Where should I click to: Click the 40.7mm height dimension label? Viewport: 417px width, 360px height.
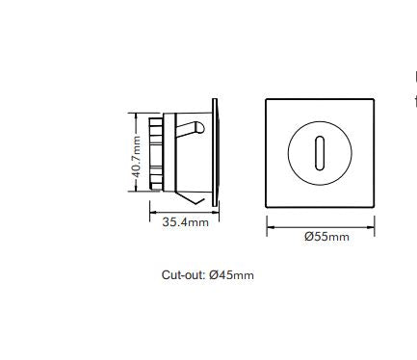point(137,157)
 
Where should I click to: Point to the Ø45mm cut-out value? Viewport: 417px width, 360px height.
point(232,275)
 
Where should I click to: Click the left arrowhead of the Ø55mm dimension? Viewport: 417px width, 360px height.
point(270,226)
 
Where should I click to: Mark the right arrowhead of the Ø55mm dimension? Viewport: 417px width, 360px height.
point(372,226)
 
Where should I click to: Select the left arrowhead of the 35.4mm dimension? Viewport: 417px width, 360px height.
point(150,212)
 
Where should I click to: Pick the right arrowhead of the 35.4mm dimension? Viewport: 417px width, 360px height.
point(218,212)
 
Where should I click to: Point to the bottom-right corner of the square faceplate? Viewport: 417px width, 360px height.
point(374,205)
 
